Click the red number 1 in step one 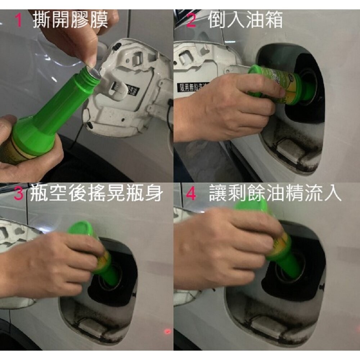tap(19, 21)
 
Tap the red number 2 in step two tap(191, 21)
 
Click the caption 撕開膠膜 tap(70, 21)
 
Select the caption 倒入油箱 tap(246, 21)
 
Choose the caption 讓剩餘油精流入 tap(275, 194)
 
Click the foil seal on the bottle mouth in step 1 tap(93, 71)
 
